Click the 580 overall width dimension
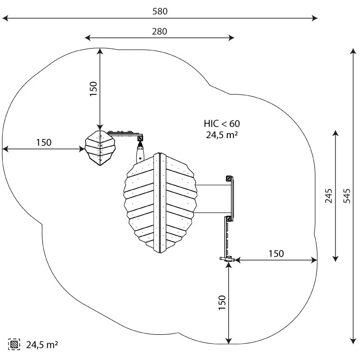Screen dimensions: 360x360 [x=160, y=11]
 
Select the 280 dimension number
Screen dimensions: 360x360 [x=160, y=31]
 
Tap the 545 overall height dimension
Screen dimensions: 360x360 [x=347, y=196]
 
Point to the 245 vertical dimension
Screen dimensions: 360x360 [x=328, y=196]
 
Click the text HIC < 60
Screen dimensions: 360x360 [x=222, y=124]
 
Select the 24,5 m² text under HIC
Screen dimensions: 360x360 [x=222, y=135]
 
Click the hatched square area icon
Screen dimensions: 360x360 [x=14, y=344]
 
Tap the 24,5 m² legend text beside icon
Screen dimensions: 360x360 [x=42, y=345]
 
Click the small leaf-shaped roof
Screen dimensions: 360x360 [x=100, y=148]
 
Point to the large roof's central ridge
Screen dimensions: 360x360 [x=160, y=203]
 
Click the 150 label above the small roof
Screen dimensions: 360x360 [x=94, y=89]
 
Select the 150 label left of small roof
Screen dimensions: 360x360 [x=44, y=142]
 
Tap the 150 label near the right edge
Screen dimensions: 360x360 [x=276, y=254]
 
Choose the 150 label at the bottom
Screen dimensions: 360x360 [x=222, y=302]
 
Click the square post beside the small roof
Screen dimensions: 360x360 [x=140, y=138]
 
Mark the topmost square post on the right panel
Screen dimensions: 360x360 [x=229, y=178]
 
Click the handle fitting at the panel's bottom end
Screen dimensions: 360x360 [x=227, y=260]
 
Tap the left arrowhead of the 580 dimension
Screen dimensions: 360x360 [x=5, y=18]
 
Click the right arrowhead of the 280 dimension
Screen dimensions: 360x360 [x=231, y=38]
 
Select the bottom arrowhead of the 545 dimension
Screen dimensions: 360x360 [x=353, y=341]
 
